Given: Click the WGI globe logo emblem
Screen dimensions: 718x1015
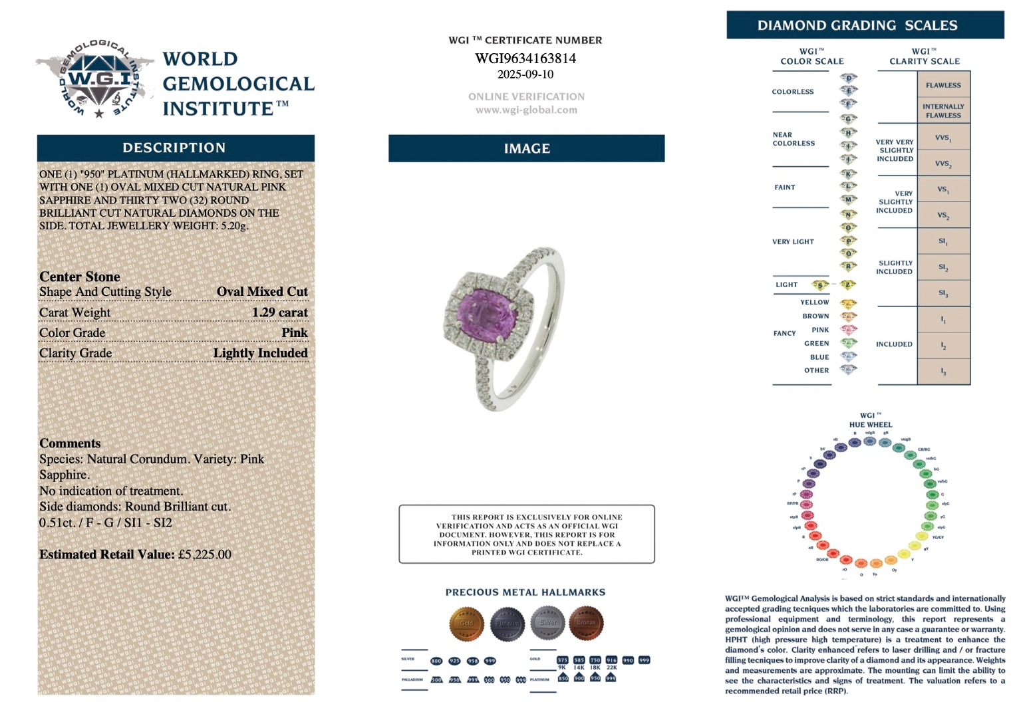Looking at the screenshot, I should (x=98, y=78).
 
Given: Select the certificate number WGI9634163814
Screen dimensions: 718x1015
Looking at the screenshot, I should (x=525, y=59).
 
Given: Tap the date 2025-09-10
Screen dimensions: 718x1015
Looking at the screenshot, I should (x=525, y=74).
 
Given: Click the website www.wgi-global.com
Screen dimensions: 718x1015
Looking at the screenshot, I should (x=526, y=110).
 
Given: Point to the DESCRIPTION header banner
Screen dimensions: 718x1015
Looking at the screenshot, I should (x=176, y=148).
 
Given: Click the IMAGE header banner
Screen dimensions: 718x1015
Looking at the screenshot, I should (x=526, y=148).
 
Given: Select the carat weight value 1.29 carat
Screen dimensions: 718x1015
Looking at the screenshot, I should (x=279, y=312).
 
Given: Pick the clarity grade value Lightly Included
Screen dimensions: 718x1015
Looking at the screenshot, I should (x=260, y=353).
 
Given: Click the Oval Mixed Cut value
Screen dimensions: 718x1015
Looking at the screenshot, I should (x=262, y=292).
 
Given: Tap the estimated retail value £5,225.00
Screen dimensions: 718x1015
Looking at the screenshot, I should (x=205, y=554).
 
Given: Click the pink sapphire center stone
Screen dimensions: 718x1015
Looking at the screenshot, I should (x=484, y=313).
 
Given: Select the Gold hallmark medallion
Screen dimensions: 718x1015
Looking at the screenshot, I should (x=466, y=623).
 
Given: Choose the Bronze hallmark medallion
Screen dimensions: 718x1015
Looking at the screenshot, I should (x=586, y=623).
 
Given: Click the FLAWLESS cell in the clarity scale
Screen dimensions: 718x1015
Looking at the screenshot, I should (x=943, y=85).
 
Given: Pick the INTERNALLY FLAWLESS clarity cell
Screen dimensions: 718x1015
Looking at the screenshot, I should (x=943, y=110).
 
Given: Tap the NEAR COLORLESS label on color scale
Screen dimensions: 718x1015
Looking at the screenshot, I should (x=794, y=139).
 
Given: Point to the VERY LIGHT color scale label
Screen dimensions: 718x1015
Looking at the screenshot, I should (x=793, y=242).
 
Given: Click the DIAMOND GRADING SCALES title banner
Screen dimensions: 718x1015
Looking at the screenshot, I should (x=865, y=25).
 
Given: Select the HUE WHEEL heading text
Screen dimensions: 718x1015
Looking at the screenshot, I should (x=871, y=425).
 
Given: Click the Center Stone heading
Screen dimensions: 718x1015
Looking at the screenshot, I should (x=80, y=277).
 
